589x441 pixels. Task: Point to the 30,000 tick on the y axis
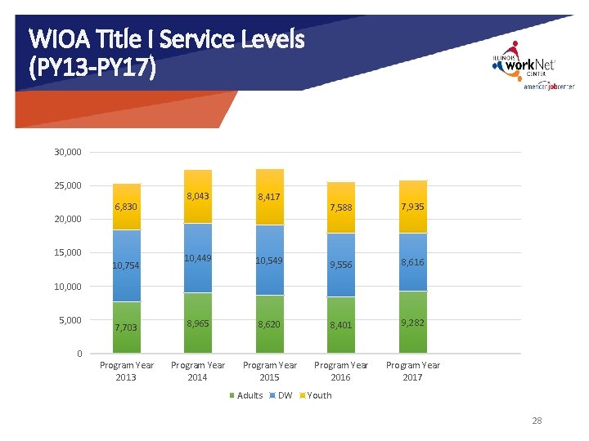[67, 152]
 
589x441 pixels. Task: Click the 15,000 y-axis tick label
[67, 252]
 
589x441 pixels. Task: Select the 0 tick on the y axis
[79, 354]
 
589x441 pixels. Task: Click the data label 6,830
[126, 207]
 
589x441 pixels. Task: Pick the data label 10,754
[126, 265]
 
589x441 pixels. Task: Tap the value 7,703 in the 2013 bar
[126, 327]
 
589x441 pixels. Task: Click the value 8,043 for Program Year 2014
[198, 197]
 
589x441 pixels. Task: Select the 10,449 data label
[198, 258]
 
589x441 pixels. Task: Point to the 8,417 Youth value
[270, 197]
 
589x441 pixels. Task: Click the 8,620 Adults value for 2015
[270, 324]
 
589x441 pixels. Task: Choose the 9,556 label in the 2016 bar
[341, 265]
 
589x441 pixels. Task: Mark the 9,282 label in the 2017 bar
[413, 323]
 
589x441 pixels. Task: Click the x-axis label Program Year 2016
[341, 371]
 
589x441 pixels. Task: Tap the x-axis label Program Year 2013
[126, 371]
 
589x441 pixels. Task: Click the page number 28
[537, 421]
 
